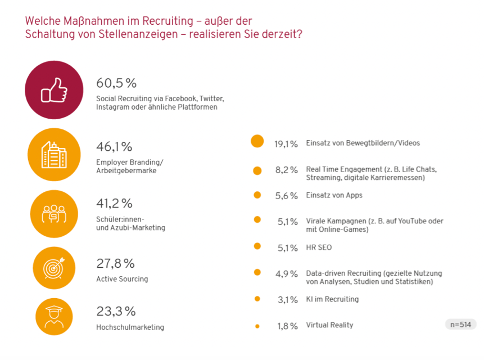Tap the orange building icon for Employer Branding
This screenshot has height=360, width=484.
(x=54, y=153)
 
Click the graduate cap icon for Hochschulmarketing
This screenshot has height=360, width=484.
(x=54, y=317)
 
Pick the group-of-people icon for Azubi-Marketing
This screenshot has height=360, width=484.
(x=54, y=213)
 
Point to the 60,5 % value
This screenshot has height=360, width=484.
(x=116, y=83)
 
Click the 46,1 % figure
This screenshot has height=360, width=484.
(x=114, y=147)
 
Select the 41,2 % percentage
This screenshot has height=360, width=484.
(x=115, y=203)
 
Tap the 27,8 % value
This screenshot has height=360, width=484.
(x=115, y=263)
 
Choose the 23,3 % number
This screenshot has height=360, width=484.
(x=116, y=312)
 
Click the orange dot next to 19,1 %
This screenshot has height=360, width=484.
(x=257, y=142)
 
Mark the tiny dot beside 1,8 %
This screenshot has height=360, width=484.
(x=257, y=326)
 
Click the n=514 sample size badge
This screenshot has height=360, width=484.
(x=460, y=324)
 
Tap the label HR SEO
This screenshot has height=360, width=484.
(x=319, y=247)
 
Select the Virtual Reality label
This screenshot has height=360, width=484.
(x=329, y=325)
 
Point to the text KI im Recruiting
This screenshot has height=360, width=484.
(x=332, y=299)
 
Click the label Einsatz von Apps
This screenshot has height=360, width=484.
(x=334, y=195)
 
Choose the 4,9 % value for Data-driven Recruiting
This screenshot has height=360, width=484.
(x=286, y=274)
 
